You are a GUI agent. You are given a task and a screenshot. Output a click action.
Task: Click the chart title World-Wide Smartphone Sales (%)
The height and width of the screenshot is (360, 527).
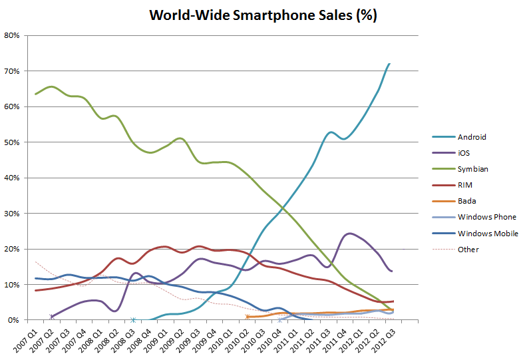(x=263, y=15)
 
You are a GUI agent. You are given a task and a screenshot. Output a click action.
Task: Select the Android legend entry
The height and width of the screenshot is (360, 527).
(x=472, y=137)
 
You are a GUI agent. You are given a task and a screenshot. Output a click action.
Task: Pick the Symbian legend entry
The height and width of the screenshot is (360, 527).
(x=472, y=169)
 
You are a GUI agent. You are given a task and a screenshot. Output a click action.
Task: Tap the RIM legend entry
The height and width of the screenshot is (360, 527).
(x=465, y=185)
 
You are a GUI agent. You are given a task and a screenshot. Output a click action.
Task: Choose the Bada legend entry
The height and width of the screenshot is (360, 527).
(x=467, y=201)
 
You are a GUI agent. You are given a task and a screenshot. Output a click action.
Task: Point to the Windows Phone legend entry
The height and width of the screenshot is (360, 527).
(x=486, y=217)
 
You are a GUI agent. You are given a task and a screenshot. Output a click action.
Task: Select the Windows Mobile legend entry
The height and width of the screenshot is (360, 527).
(x=488, y=234)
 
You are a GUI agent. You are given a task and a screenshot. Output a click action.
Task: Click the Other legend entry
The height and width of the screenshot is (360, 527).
(x=468, y=250)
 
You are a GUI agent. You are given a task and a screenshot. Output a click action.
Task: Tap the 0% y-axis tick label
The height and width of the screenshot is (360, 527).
(x=15, y=320)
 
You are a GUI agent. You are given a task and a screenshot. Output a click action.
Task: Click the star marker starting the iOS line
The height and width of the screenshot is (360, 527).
(x=52, y=317)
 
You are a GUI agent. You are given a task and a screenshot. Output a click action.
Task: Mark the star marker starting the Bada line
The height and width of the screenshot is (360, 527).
(x=247, y=317)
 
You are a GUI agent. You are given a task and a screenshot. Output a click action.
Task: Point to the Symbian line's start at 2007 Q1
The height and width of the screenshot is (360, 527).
(x=35, y=94)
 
